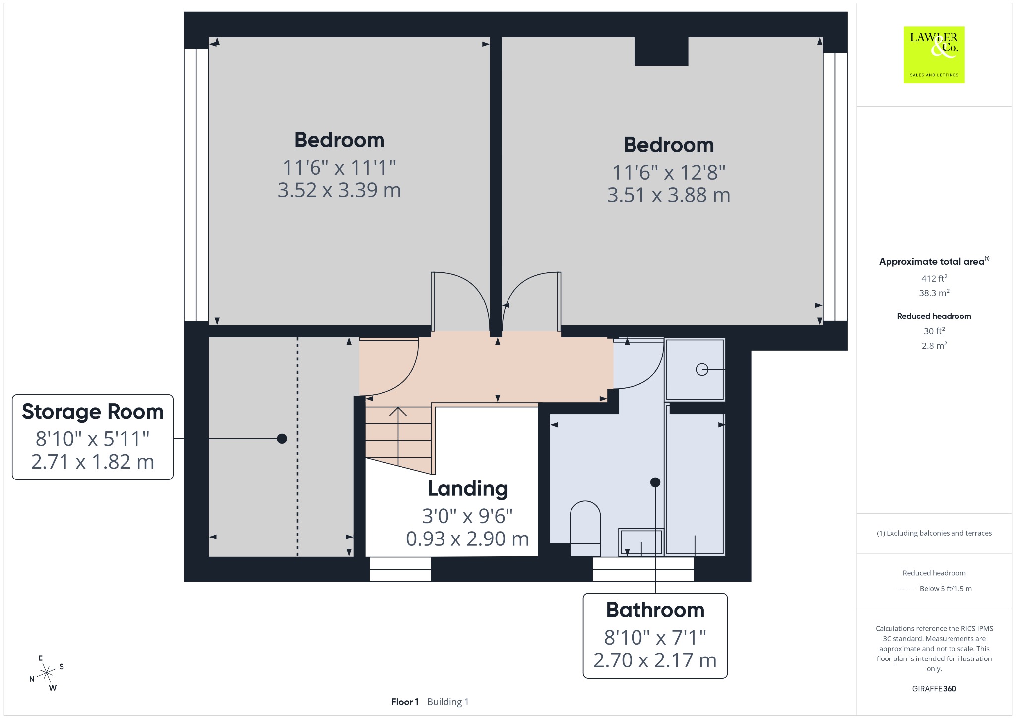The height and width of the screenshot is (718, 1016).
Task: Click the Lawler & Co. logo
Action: (934, 55)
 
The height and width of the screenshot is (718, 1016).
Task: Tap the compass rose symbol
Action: (47, 673)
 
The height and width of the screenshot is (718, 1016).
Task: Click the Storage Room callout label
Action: (93, 437)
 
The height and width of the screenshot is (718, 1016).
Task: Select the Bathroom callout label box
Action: (655, 635)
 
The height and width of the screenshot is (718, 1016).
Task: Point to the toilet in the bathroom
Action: (585, 529)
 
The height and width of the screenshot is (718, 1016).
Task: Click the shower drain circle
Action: (702, 369)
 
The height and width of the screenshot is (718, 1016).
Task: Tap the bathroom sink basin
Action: (640, 542)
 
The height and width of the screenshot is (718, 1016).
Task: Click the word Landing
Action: (467, 489)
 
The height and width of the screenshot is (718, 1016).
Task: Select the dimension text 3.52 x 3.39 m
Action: (339, 190)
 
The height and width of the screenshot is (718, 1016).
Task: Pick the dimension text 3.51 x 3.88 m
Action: (669, 195)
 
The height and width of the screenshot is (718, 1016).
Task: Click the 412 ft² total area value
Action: (934, 278)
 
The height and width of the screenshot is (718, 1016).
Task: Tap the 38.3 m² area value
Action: (934, 293)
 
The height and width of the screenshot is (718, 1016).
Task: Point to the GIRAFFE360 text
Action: (934, 689)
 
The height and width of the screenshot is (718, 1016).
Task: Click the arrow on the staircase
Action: (398, 436)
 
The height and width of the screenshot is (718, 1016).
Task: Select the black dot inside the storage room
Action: (282, 439)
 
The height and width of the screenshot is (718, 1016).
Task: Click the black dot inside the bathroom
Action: (655, 482)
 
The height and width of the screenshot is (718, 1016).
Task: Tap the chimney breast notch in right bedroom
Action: (661, 51)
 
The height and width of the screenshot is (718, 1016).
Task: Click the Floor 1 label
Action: (405, 702)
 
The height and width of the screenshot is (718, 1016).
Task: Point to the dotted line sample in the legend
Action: (906, 589)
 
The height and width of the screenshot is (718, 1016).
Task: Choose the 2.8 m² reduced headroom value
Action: (934, 346)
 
